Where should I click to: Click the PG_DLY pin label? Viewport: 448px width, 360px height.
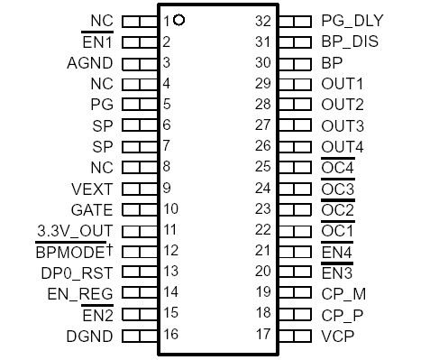pos(352,20)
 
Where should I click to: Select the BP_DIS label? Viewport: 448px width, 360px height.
pos(351,42)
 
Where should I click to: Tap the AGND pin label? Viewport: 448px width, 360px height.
pos(89,63)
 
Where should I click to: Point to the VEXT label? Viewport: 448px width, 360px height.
pos(92,189)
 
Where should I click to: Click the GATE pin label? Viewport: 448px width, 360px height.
pos(92,210)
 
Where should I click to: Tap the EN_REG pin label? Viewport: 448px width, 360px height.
pos(79,293)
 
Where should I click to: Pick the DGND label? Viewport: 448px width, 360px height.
pos(90,336)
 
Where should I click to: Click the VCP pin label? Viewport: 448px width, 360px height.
pos(338,336)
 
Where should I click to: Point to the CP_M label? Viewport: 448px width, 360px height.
pos(343,293)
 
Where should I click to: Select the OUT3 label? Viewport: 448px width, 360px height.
pos(343,125)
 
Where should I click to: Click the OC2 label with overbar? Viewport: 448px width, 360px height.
pos(338,210)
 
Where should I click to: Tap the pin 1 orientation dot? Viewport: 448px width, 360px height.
pos(179,19)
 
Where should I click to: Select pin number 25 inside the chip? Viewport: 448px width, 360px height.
pos(263,167)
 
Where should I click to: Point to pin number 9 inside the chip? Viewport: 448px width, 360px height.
pos(167,189)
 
